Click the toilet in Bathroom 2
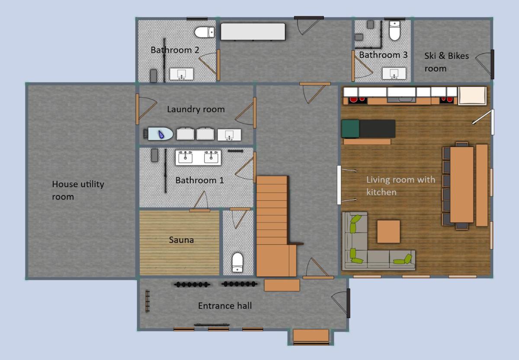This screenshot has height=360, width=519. tap(204, 32)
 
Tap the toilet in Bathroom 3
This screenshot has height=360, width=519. tap(394, 30)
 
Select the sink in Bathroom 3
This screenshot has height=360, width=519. tap(394, 73)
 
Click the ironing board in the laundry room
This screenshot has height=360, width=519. tap(158, 134)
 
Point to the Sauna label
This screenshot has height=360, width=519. tap(181, 240)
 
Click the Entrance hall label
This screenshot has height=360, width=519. tap(225, 306)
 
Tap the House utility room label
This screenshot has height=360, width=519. tap(78, 190)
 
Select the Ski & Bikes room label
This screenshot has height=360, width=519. tap(446, 62)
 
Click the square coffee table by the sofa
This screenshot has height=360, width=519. tap(388, 232)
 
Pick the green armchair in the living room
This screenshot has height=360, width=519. tap(351, 129)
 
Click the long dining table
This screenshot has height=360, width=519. tap(461, 185)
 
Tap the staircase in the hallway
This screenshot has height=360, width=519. tap(276, 226)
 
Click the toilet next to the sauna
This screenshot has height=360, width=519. tap(237, 262)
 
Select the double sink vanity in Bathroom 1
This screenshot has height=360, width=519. tap(198, 158)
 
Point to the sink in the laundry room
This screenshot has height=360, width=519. tap(229, 135)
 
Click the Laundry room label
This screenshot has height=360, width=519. tap(196, 109)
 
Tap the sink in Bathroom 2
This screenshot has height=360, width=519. tap(181, 74)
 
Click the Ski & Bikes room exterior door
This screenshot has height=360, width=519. tap(492, 64)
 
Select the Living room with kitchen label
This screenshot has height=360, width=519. tap(400, 186)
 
